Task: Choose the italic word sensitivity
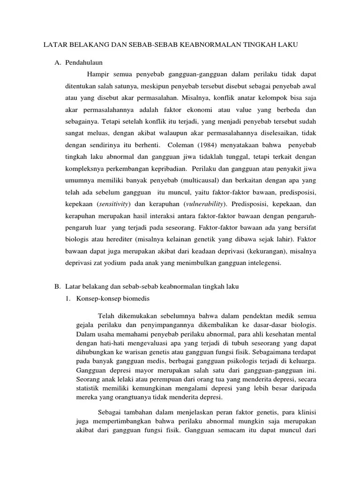click(x=113, y=204)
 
